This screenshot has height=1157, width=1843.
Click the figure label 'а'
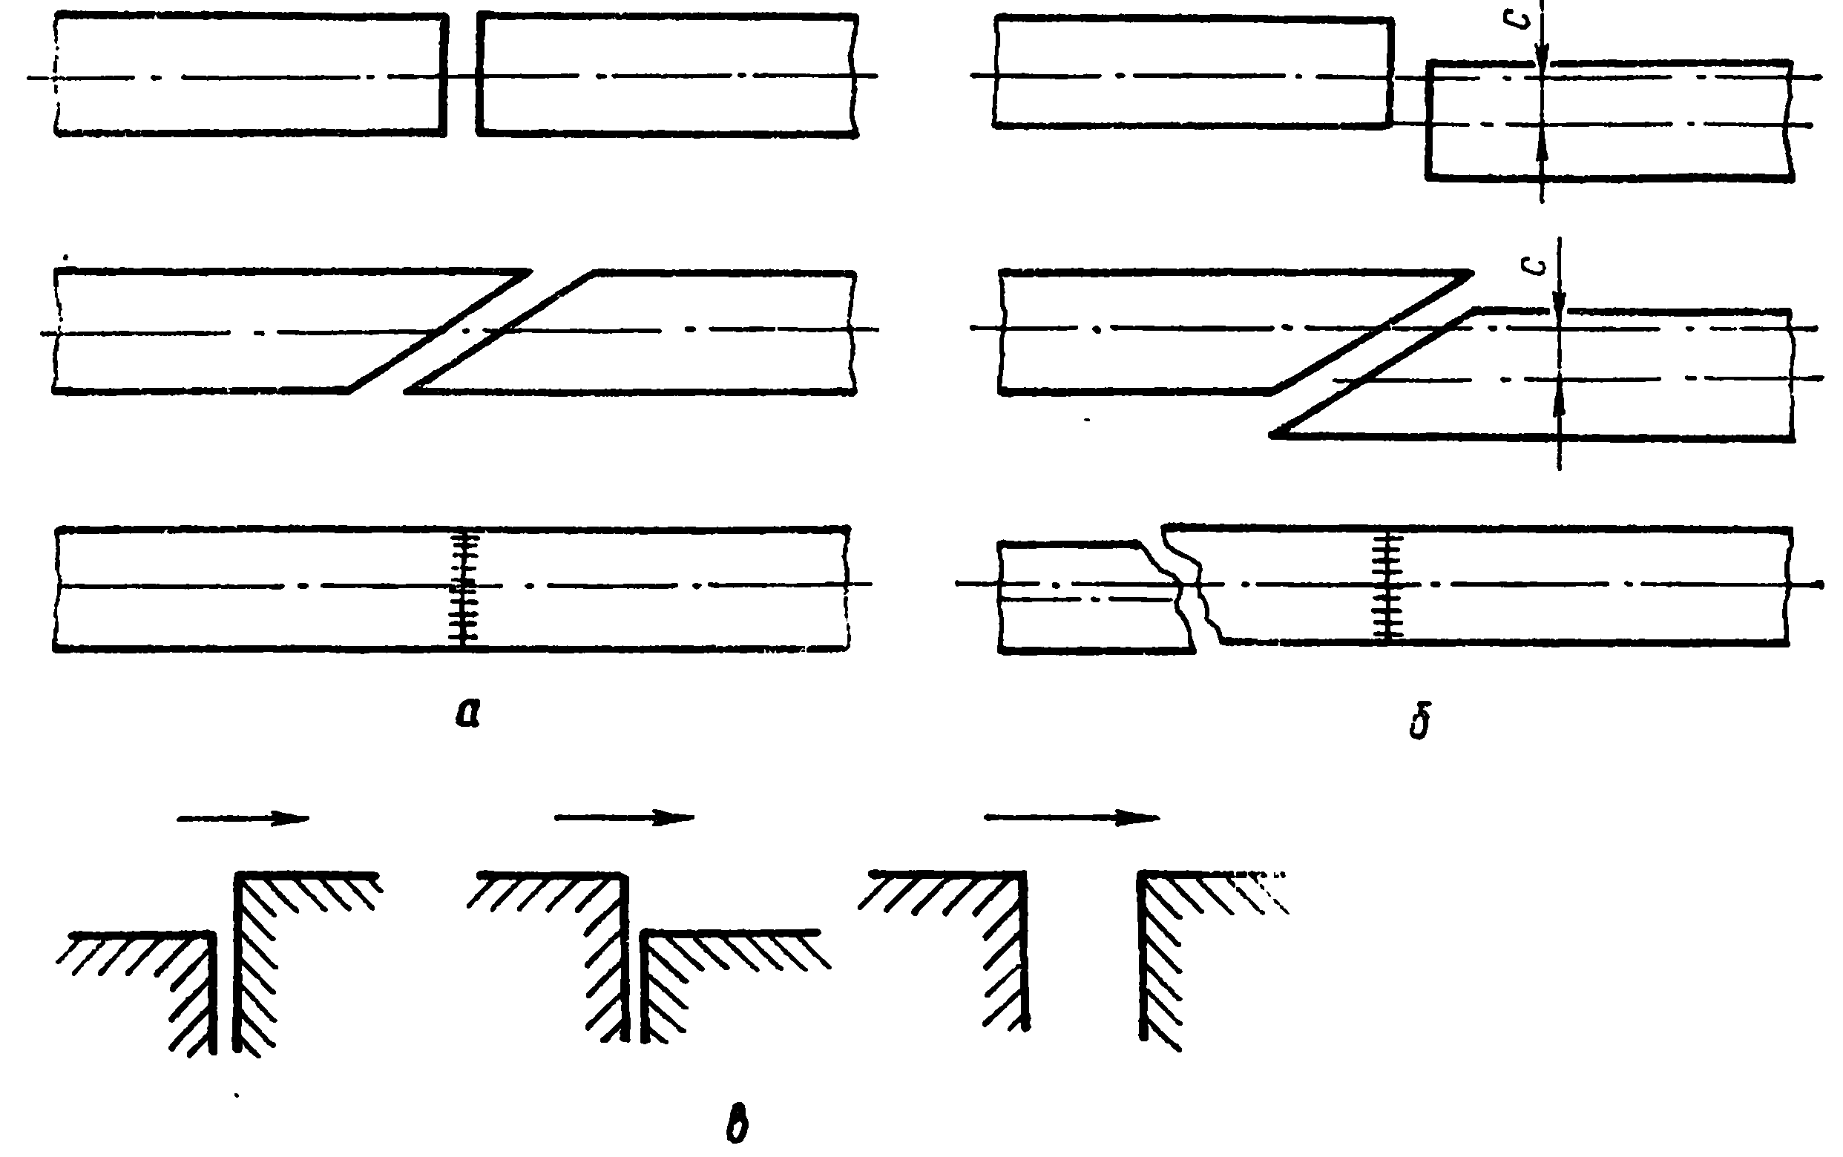point(467,714)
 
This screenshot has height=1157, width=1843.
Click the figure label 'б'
point(1420,722)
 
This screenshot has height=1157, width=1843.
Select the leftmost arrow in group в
point(243,819)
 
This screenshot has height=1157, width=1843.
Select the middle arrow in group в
point(624,818)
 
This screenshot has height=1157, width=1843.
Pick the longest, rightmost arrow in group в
point(1071,818)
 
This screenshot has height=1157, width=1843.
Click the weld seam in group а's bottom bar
point(464,587)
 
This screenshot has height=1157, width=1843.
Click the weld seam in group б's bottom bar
point(1387,586)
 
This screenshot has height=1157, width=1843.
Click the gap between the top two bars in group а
point(461,75)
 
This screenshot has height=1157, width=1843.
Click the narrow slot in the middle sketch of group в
point(635,987)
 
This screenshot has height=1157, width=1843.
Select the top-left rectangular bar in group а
point(251,75)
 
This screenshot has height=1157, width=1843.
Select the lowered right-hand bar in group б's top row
point(1607,121)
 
